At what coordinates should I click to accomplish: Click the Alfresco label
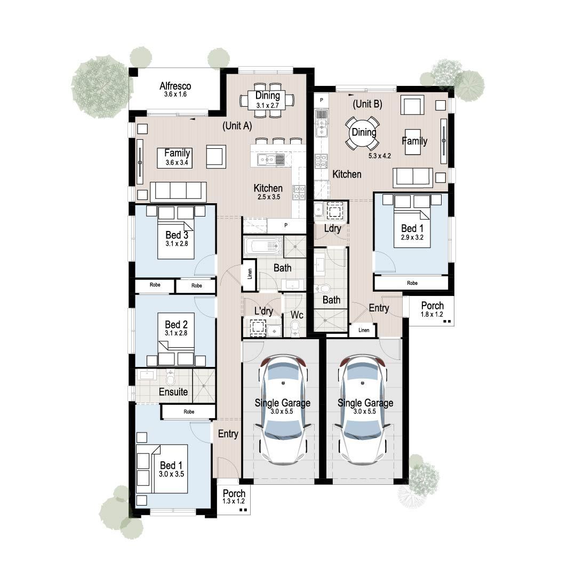tap(175, 86)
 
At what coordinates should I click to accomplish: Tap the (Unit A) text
tap(237, 126)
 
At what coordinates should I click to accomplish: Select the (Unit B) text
tap(367, 105)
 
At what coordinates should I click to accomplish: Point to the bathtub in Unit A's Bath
tap(263, 246)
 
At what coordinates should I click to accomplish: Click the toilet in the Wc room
tap(295, 327)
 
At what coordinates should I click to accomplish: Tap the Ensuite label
tap(174, 392)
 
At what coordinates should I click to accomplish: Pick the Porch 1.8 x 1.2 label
tap(432, 309)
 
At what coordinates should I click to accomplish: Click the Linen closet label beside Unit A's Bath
tap(250, 275)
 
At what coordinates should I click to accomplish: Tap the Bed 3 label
tap(173, 235)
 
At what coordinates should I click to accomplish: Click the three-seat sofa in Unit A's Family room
tap(178, 191)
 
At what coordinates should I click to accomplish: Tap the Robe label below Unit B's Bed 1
tap(412, 283)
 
